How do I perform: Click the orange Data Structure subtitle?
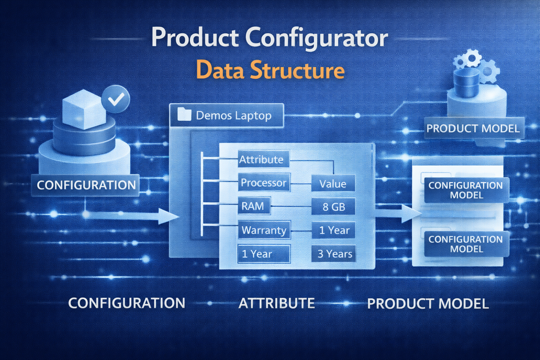click(270, 70)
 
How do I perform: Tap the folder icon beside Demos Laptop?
click(184, 115)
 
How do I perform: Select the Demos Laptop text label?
click(233, 115)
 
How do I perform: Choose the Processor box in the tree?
click(264, 182)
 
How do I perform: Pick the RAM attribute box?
click(253, 206)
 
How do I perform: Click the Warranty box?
click(264, 230)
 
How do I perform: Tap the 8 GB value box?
click(333, 207)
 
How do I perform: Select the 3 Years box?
click(334, 253)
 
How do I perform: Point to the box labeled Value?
click(333, 184)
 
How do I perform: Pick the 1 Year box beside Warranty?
click(334, 230)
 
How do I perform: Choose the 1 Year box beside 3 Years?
click(263, 253)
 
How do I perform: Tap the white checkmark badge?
click(116, 99)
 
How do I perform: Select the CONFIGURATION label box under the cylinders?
click(86, 185)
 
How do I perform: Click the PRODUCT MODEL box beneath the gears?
click(473, 128)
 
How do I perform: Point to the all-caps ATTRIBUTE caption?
click(277, 303)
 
